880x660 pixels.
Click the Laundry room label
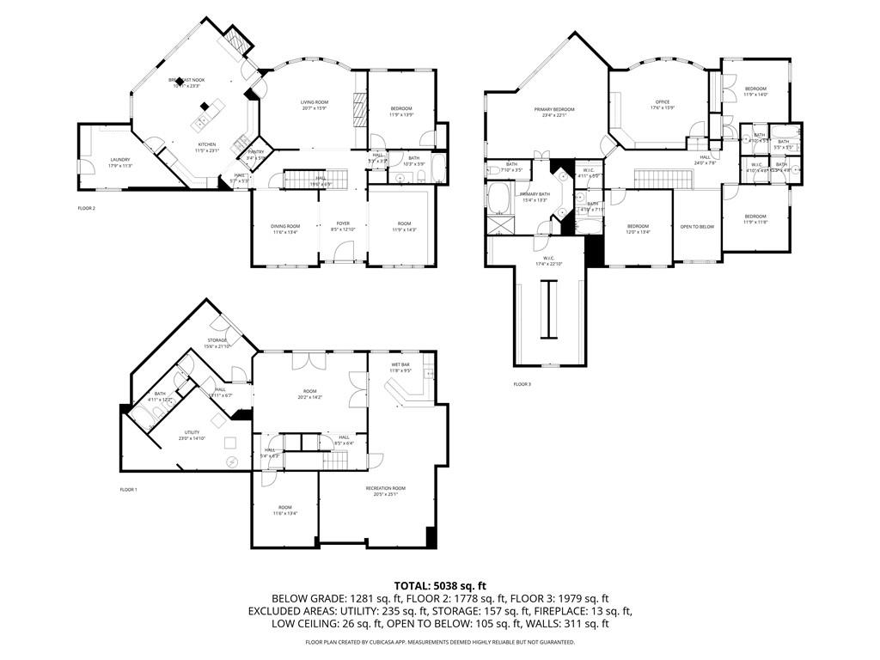(x=119, y=161)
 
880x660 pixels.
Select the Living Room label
(x=315, y=102)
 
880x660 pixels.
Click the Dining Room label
(x=285, y=226)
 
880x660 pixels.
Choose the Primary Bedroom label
(x=554, y=109)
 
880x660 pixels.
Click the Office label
(x=663, y=102)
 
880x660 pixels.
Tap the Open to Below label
(x=697, y=227)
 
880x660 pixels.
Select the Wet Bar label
(x=400, y=364)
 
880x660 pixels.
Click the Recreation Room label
(x=385, y=488)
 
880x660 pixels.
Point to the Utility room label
(x=192, y=432)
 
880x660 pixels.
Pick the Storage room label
(x=217, y=340)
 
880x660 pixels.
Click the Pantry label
(x=256, y=151)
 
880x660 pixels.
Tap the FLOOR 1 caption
(x=128, y=490)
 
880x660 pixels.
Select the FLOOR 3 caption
(x=522, y=384)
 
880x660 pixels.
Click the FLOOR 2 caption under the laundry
(x=86, y=208)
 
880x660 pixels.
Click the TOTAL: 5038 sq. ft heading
(x=439, y=585)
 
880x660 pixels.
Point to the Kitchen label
(x=207, y=144)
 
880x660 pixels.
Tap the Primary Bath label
(x=534, y=194)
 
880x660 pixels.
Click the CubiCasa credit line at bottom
(x=439, y=642)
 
